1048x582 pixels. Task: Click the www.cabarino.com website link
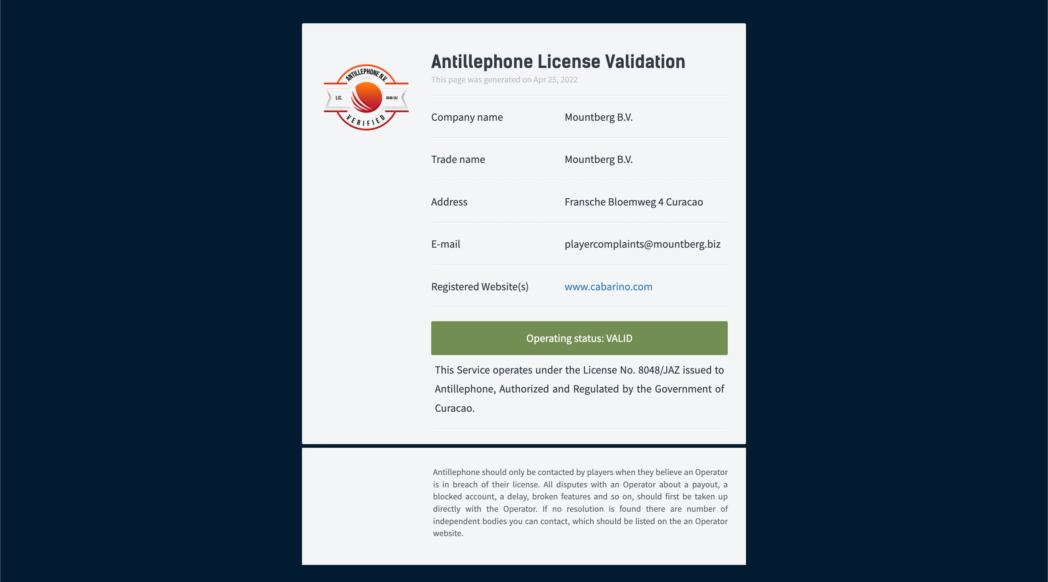click(x=608, y=287)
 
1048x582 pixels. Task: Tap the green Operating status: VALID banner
click(x=579, y=338)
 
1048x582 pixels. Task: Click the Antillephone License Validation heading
click(x=558, y=62)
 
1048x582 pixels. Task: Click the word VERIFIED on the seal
click(x=366, y=121)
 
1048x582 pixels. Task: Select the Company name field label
click(x=467, y=117)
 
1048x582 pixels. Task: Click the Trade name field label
click(x=458, y=159)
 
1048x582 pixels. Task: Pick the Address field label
click(x=449, y=202)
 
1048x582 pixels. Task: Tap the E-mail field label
click(x=445, y=244)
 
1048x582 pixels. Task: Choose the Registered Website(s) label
click(x=480, y=287)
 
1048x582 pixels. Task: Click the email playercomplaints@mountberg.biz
click(x=642, y=244)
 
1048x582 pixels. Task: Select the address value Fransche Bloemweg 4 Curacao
click(x=634, y=202)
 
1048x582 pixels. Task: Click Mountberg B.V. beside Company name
click(x=598, y=117)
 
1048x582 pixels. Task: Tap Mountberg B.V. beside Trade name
click(x=598, y=159)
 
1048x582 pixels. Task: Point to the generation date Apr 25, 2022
click(x=555, y=80)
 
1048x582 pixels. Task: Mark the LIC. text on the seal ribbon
click(x=339, y=98)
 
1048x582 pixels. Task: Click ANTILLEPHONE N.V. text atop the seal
click(x=366, y=73)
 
